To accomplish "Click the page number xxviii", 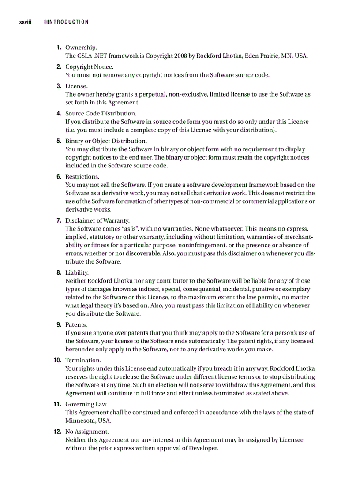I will click(25, 22).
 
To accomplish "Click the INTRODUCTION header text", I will click(68, 22).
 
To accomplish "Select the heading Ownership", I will click(81, 48).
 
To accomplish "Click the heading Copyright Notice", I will click(89, 67).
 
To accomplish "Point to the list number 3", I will click(59, 86).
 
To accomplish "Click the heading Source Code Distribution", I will click(101, 114).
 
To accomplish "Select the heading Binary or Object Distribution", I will click(106, 141).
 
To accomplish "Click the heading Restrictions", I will click(82, 177).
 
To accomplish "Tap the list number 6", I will click(59, 177).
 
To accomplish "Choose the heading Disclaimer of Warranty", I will click(97, 220).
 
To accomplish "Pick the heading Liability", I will click(77, 273).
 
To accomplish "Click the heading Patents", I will click(76, 325).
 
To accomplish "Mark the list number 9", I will click(59, 325).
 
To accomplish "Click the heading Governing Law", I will click(86, 404).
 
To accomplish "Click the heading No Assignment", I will click(86, 432).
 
